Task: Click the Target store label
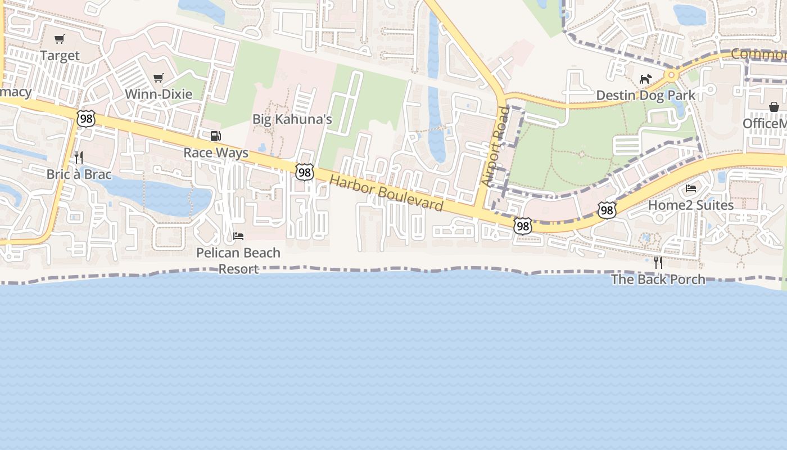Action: click(x=60, y=56)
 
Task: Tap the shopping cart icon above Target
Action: click(x=59, y=39)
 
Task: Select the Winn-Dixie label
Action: click(x=159, y=94)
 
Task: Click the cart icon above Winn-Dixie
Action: click(x=159, y=78)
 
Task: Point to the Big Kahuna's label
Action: click(x=292, y=119)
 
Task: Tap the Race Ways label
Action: click(x=216, y=153)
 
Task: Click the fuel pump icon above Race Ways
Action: click(x=215, y=136)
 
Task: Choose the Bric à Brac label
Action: click(x=79, y=174)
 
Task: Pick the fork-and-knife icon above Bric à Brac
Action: click(x=79, y=157)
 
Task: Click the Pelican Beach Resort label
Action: click(x=238, y=260)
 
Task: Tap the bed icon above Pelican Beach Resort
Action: click(x=238, y=236)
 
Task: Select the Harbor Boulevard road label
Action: click(x=387, y=193)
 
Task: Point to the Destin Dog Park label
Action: click(x=645, y=95)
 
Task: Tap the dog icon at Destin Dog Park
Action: click(x=645, y=79)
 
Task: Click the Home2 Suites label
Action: click(x=691, y=205)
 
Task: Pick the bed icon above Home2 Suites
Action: click(x=691, y=188)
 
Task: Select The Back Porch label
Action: click(x=658, y=279)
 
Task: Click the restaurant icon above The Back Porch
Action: click(x=658, y=263)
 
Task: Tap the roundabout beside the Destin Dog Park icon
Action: click(x=670, y=75)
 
